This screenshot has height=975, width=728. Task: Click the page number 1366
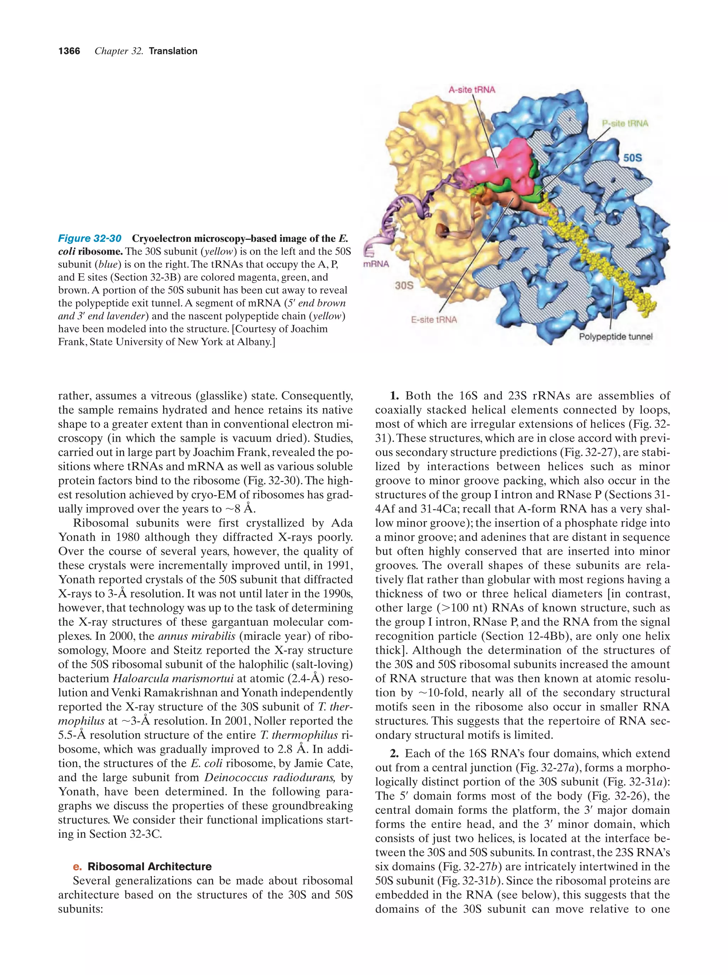(x=69, y=51)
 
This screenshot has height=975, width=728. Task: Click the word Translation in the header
(x=173, y=51)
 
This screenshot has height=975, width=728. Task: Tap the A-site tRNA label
(x=472, y=90)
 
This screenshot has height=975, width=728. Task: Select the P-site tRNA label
(x=625, y=123)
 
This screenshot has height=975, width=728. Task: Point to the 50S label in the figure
(x=632, y=157)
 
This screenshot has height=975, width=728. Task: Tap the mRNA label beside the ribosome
(x=376, y=264)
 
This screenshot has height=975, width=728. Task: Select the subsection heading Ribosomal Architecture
(x=149, y=867)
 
